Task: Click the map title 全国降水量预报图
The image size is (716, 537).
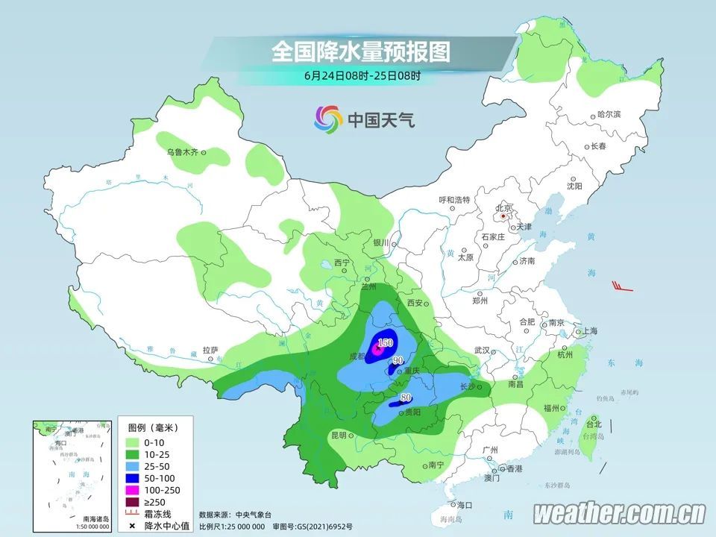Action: tap(361, 51)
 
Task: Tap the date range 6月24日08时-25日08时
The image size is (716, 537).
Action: tap(362, 75)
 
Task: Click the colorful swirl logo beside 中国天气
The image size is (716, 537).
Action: tap(328, 118)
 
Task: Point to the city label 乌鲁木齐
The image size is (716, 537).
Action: tap(182, 151)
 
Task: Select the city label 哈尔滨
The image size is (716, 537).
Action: tap(609, 114)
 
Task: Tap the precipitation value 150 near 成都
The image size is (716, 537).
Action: tap(385, 342)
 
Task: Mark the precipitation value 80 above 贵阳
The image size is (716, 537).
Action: tap(406, 397)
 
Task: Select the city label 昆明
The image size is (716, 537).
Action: tap(338, 435)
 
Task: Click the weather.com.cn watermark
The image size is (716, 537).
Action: tap(619, 513)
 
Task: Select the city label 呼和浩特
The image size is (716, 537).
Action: tap(453, 200)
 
